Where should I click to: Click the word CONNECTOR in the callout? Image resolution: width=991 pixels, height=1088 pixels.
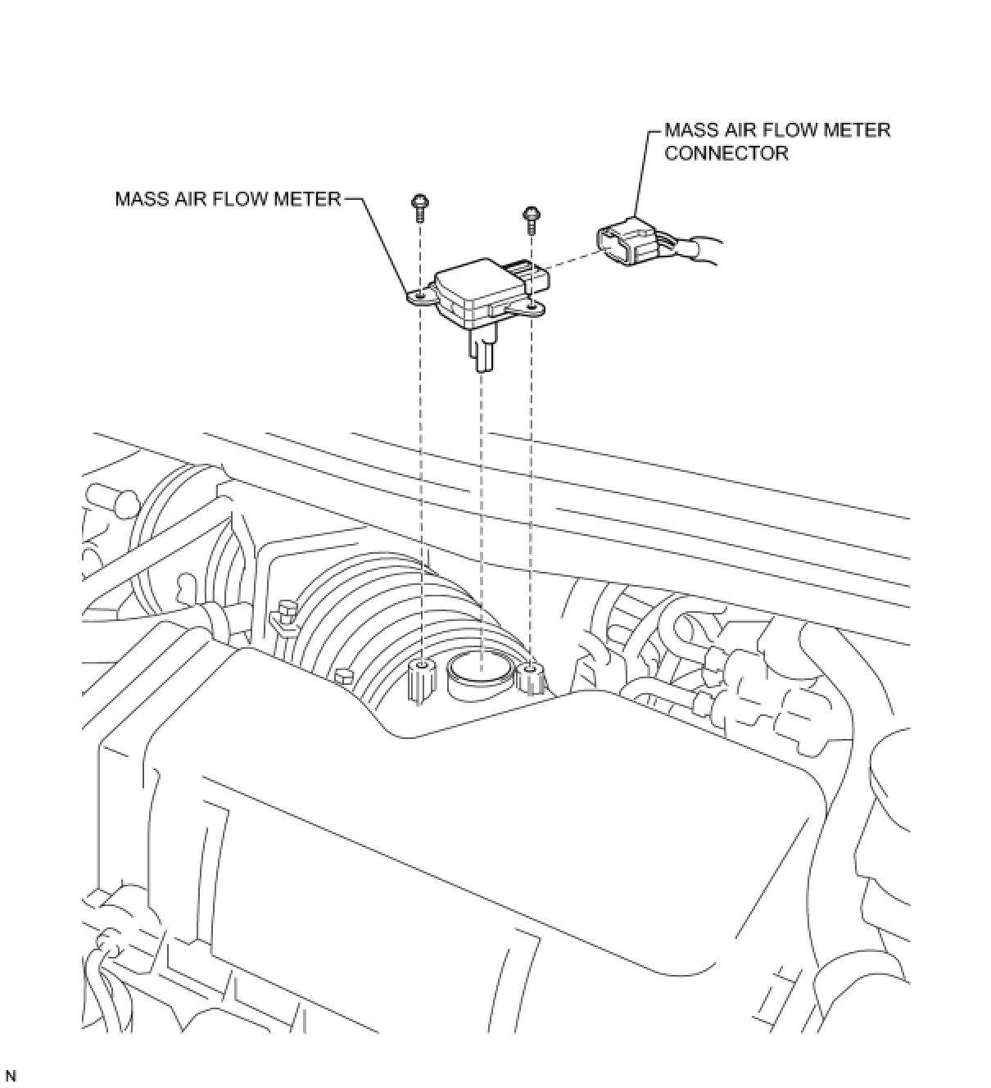pyautogui.click(x=726, y=153)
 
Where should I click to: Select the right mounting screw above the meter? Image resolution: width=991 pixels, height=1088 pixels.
pyautogui.click(x=531, y=217)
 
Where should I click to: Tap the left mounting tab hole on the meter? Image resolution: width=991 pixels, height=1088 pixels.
pyautogui.click(x=419, y=296)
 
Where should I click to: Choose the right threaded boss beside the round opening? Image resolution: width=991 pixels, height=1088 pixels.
pyautogui.click(x=531, y=677)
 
